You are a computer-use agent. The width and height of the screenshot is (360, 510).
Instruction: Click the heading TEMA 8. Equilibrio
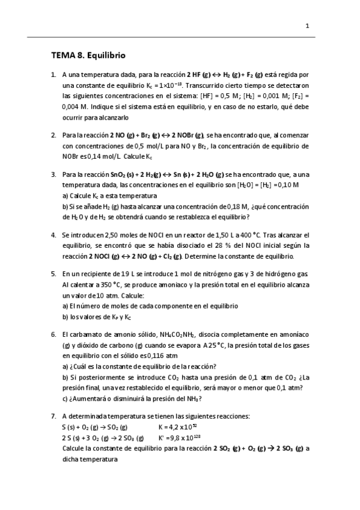tap(88, 55)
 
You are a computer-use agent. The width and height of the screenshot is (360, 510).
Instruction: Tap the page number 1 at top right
tap(307, 26)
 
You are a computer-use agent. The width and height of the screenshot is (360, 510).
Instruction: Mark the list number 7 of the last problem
tap(53, 416)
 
